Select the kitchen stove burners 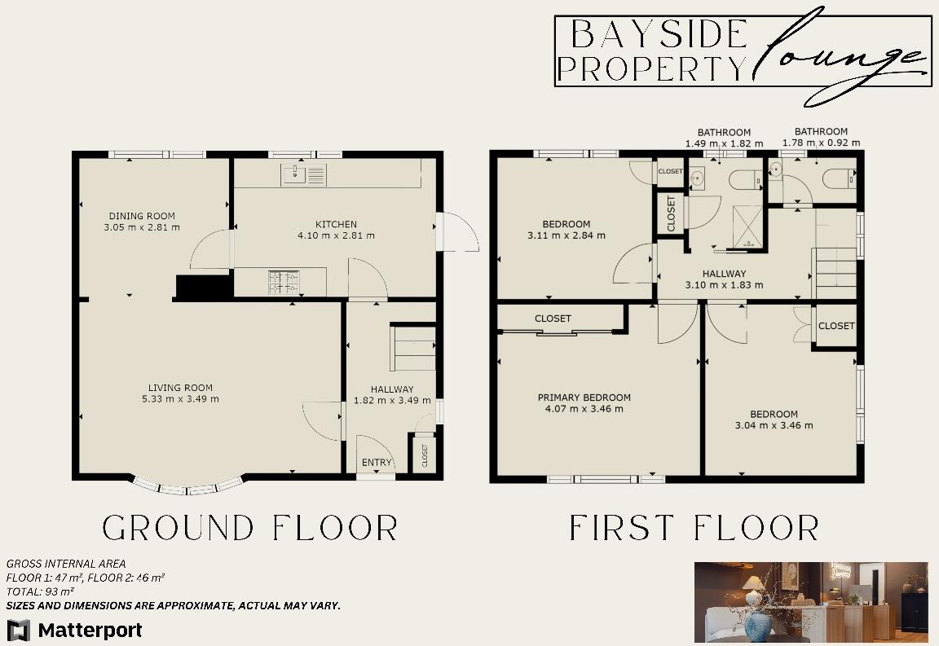[x=283, y=282]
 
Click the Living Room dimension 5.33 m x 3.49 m [x=179, y=399]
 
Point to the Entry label [x=377, y=463]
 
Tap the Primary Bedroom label [x=584, y=398]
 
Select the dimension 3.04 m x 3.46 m [x=774, y=425]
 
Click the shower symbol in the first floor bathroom [x=749, y=226]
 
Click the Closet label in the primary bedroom [x=553, y=319]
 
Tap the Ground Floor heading [x=249, y=528]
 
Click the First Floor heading [x=694, y=528]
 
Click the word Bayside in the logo [x=659, y=35]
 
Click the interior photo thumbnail [x=810, y=602]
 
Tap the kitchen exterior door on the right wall [x=456, y=232]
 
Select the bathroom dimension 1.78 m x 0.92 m [x=821, y=143]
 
